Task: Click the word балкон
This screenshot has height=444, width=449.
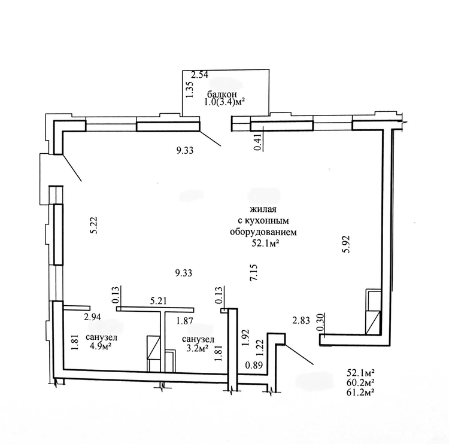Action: tap(222, 94)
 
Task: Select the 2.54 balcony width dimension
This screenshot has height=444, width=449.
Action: tap(199, 75)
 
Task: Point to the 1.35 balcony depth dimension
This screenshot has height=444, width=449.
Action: tap(191, 90)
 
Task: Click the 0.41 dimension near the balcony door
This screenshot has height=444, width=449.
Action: tap(258, 142)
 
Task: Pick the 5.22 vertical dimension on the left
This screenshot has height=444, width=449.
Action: tap(94, 225)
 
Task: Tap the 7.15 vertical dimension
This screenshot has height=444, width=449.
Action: tap(254, 272)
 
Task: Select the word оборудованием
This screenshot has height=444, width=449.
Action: tap(263, 232)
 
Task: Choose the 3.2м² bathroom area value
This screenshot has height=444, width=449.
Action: tap(198, 348)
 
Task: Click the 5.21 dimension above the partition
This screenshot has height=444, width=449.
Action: tap(159, 301)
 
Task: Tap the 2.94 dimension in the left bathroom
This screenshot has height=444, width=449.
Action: tap(92, 317)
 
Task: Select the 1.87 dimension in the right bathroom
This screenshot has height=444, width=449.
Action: tap(185, 321)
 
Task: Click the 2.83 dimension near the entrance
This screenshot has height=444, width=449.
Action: tap(301, 321)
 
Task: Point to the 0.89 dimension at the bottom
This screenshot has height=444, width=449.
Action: tap(254, 365)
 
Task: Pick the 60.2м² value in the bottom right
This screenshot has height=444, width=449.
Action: tap(360, 382)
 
